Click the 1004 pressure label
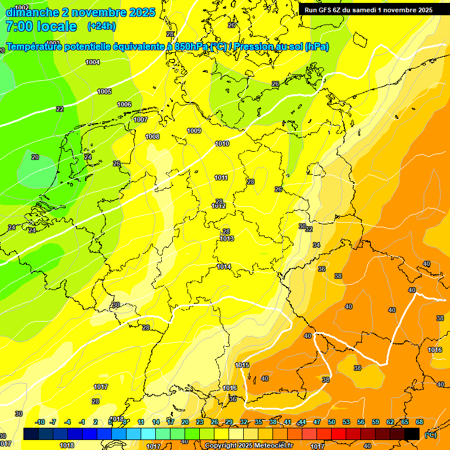click(x=93, y=62)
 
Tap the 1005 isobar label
click(x=104, y=91)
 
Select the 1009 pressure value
click(x=194, y=131)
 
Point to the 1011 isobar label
click(x=221, y=178)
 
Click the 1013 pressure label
click(x=227, y=238)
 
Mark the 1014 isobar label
click(x=223, y=267)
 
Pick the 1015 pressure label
click(x=242, y=365)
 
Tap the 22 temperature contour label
click(x=60, y=109)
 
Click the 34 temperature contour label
click(x=316, y=245)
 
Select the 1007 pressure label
click(x=141, y=120)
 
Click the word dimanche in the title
click(x=34, y=12)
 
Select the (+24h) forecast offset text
click(x=101, y=26)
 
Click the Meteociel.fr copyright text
click(x=269, y=446)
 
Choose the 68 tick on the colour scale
click(x=420, y=422)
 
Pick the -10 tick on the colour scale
click(x=40, y=422)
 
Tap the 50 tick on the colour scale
click(x=332, y=422)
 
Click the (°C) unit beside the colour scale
click(x=431, y=435)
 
